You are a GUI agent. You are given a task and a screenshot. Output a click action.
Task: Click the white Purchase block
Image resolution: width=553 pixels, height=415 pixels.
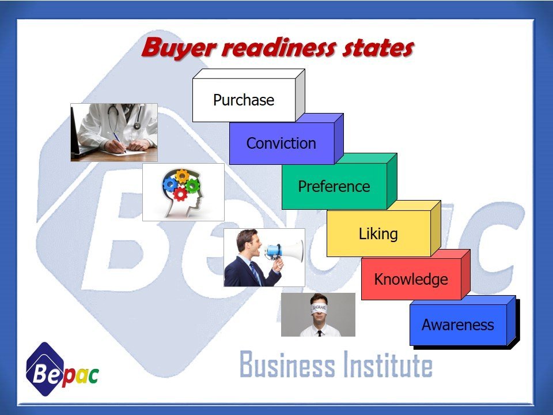click(x=244, y=100)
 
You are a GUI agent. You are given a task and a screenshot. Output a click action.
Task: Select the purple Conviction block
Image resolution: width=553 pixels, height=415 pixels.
click(x=281, y=144)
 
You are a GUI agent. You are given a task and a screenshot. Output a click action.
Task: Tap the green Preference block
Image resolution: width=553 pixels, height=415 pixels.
click(x=334, y=187)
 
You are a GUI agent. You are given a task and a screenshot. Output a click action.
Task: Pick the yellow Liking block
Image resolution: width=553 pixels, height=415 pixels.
click(x=378, y=234)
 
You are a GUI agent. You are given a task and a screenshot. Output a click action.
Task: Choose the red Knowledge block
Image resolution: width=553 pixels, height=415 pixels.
click(x=411, y=280)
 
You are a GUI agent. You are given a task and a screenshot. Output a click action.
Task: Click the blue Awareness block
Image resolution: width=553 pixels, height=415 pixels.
click(x=457, y=325)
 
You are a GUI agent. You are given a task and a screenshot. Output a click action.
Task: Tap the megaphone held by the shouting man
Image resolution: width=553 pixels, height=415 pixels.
click(x=286, y=251)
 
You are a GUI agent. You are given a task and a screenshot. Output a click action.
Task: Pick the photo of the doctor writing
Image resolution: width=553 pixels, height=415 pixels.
click(x=114, y=132)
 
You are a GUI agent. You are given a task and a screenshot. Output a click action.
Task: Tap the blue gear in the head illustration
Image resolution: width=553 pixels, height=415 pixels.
click(x=171, y=184)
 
